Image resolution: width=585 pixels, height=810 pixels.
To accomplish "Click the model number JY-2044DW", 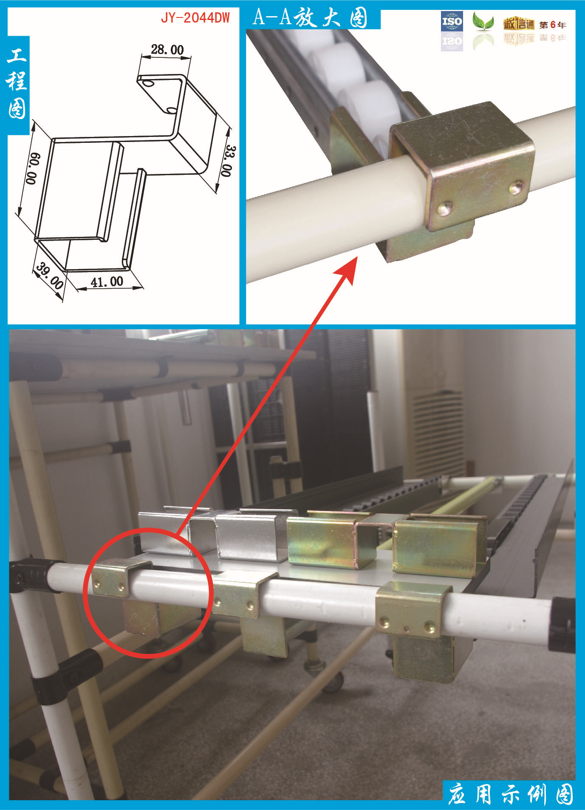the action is pyautogui.click(x=195, y=18).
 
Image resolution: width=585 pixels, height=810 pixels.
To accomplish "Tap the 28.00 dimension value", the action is pyautogui.click(x=167, y=50).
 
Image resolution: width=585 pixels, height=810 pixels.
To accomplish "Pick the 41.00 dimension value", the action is pyautogui.click(x=107, y=282).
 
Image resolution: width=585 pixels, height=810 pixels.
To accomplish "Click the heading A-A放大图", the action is pyautogui.click(x=310, y=18).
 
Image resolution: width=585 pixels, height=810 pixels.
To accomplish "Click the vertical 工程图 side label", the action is pyautogui.click(x=17, y=83).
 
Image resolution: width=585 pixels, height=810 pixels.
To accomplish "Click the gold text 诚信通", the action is pyautogui.click(x=519, y=24).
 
